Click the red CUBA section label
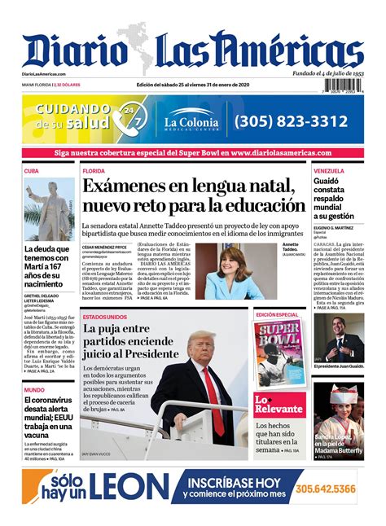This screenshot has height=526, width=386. (32, 171)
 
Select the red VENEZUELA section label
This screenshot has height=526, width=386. (331, 171)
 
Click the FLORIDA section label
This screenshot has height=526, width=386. (94, 172)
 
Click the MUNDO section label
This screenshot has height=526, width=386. (34, 390)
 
